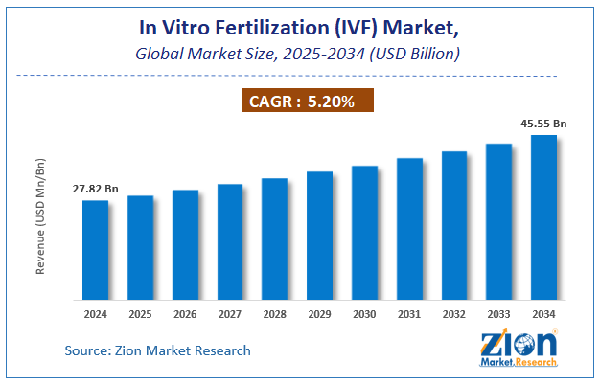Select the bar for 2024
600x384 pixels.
(x=95, y=249)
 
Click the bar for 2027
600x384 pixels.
(x=229, y=241)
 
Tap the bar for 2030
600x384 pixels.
(x=364, y=232)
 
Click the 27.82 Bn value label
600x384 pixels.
(x=96, y=188)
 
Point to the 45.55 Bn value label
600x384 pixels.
(x=544, y=123)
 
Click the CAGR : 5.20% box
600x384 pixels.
(x=300, y=99)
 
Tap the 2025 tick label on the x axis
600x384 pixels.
(x=140, y=313)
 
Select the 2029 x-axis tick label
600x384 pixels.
(x=319, y=313)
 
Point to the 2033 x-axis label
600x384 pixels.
(x=498, y=313)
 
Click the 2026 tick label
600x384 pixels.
(x=185, y=313)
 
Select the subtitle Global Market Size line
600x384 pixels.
(x=300, y=54)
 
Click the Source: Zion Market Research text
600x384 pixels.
(x=158, y=350)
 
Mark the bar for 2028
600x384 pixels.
(x=274, y=237)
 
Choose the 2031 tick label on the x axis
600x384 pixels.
(x=409, y=313)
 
